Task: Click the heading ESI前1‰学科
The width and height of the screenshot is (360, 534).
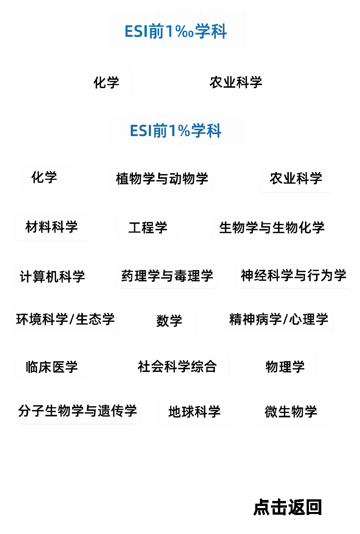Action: (x=176, y=30)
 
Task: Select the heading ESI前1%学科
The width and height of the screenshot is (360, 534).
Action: (x=174, y=130)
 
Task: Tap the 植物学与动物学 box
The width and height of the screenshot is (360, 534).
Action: (x=160, y=177)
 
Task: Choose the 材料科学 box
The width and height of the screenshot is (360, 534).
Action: (x=52, y=226)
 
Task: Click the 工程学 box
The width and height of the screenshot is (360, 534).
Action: (x=147, y=226)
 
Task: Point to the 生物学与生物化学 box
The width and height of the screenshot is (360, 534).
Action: (x=270, y=226)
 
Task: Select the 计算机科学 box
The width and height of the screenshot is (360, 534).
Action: (x=52, y=275)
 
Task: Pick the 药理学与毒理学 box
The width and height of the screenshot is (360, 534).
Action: (x=167, y=275)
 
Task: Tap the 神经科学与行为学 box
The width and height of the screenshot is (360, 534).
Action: (x=293, y=275)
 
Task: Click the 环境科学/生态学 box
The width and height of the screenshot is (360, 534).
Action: (x=65, y=318)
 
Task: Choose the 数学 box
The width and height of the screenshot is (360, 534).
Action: (x=170, y=320)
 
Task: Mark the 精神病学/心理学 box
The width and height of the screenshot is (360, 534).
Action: (x=279, y=318)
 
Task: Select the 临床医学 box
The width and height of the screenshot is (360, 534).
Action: (x=52, y=366)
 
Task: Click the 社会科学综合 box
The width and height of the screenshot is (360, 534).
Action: (x=177, y=365)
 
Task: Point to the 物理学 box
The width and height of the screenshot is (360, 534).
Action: (x=285, y=365)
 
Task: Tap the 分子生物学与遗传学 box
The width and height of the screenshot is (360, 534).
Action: (x=77, y=410)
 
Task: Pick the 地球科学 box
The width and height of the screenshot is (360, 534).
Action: (x=195, y=411)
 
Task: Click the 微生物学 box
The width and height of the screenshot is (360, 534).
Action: (x=291, y=411)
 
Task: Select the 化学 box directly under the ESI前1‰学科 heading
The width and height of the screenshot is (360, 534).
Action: (x=106, y=81)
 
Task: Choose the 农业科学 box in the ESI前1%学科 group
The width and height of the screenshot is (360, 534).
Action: (x=296, y=177)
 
